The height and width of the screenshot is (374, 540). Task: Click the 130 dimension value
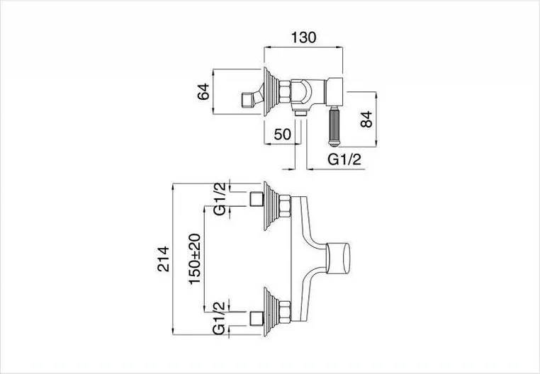(x=303, y=38)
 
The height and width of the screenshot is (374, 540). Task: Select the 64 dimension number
(x=203, y=91)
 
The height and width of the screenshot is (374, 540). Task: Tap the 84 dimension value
(x=366, y=120)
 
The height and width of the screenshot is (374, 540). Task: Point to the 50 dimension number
(x=283, y=135)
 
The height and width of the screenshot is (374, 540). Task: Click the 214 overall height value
(x=164, y=259)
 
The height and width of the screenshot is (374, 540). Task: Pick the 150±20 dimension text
(x=195, y=259)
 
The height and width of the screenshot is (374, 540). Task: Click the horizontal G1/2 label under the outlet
(x=344, y=160)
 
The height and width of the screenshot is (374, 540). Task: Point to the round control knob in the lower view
(x=338, y=258)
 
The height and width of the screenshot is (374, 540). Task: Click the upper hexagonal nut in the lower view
(x=285, y=206)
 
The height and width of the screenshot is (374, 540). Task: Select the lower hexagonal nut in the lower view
(x=285, y=312)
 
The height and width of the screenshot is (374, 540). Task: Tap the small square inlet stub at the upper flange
(x=257, y=199)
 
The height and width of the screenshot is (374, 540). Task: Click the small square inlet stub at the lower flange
(x=257, y=319)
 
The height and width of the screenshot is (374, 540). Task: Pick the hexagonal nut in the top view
(x=285, y=91)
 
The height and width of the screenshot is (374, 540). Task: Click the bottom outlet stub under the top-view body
(x=301, y=113)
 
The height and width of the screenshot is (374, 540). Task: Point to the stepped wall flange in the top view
(x=271, y=91)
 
